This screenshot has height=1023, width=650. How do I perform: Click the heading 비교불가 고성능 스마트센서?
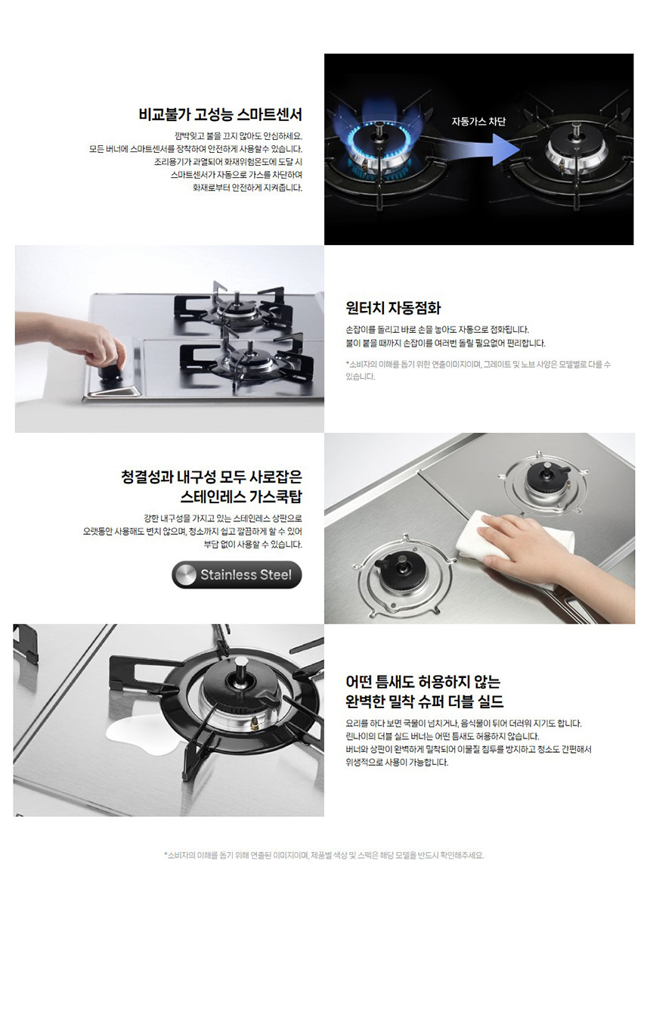pyautogui.click(x=220, y=114)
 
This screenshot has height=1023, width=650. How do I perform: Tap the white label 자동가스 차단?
pyautogui.click(x=478, y=122)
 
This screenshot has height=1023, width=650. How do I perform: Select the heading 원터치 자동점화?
pyautogui.click(x=393, y=308)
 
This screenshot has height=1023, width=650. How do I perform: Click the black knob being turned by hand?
pyautogui.click(x=112, y=372)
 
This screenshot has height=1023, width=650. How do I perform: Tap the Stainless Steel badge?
pyautogui.click(x=237, y=574)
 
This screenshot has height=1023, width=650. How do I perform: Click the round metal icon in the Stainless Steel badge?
pyautogui.click(x=186, y=574)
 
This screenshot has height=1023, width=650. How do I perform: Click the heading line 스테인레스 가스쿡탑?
pyautogui.click(x=241, y=496)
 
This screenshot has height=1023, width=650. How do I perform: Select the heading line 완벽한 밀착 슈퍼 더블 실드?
pyautogui.click(x=424, y=701)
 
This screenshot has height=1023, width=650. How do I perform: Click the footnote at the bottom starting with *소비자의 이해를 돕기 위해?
pyautogui.click(x=323, y=855)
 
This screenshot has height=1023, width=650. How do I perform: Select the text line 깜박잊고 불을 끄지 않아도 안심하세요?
pyautogui.click(x=238, y=136)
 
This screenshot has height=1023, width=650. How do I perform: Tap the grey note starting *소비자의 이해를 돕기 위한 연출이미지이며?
pyautogui.click(x=478, y=370)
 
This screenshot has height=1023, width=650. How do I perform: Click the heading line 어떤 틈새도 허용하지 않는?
pyautogui.click(x=422, y=682)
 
